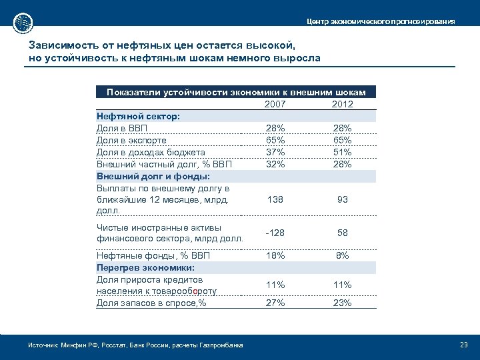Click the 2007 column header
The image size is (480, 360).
[276, 104]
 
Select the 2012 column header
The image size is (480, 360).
[341, 104]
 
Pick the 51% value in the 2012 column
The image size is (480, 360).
[341, 152]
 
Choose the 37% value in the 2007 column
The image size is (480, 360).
[276, 152]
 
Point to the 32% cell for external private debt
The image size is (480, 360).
[276, 164]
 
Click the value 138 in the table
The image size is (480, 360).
[276, 199]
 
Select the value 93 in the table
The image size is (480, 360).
[341, 199]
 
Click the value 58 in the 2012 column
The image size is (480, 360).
[341, 233]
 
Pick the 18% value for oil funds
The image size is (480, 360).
[276, 255]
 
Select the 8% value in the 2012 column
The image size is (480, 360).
[341, 255]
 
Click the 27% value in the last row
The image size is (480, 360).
[276, 303]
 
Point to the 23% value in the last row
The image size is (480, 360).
[341, 303]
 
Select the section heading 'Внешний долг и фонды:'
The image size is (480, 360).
[153, 176]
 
